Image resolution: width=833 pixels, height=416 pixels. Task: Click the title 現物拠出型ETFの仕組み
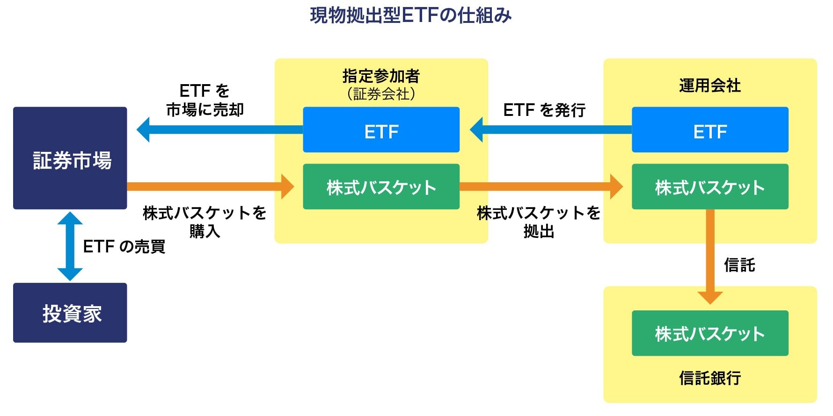point(410,15)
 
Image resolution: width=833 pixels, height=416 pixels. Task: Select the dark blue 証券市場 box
point(70,158)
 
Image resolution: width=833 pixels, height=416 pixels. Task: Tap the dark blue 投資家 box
point(70,313)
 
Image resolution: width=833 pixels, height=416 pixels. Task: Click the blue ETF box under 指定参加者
point(381,130)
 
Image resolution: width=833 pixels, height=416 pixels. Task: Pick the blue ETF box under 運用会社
point(710,130)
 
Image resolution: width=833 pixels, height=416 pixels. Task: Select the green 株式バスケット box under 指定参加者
point(381,186)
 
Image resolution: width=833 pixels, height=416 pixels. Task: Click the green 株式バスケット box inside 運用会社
point(710,186)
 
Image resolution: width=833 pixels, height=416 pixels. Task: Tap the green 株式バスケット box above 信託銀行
point(710,333)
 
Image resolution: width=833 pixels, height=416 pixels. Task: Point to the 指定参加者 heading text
point(381,75)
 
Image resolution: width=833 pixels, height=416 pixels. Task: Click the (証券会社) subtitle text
point(381,94)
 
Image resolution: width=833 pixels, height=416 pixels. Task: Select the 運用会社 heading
point(710,86)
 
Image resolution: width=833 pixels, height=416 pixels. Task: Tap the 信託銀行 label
point(710,378)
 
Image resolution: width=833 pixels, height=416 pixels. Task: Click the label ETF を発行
point(544,110)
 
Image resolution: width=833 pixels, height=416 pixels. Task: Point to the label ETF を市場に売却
point(205,100)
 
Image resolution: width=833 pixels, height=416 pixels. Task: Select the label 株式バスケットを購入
point(205,222)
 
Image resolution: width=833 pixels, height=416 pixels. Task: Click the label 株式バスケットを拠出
point(539,222)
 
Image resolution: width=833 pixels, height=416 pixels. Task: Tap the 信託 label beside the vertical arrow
point(739,265)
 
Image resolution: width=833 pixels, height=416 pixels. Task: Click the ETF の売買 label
point(124,246)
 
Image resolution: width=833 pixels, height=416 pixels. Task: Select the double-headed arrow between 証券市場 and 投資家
point(70,246)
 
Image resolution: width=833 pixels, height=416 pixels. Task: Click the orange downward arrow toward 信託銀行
point(710,257)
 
